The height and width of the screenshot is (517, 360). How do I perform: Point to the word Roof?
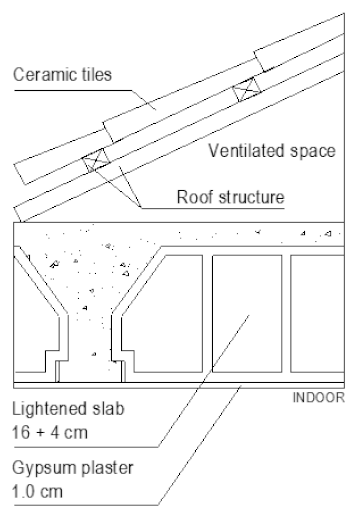pos(195,197)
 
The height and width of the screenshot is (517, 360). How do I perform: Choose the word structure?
pos(251,197)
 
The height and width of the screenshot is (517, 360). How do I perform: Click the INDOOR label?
pos(319,398)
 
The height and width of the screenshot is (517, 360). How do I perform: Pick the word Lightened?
pos(50,409)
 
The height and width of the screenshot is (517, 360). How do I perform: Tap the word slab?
pos(108,409)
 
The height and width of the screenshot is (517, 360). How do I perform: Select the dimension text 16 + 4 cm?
pos(50,433)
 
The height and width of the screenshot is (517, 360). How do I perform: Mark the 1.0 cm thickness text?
pos(37,492)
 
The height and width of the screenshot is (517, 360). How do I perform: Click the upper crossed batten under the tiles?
pos(247,89)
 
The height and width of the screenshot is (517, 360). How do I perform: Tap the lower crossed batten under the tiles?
pos(96,160)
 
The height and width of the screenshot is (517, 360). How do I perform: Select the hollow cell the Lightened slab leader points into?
pos(247,313)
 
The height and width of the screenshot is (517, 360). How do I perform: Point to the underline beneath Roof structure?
pos(213,209)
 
